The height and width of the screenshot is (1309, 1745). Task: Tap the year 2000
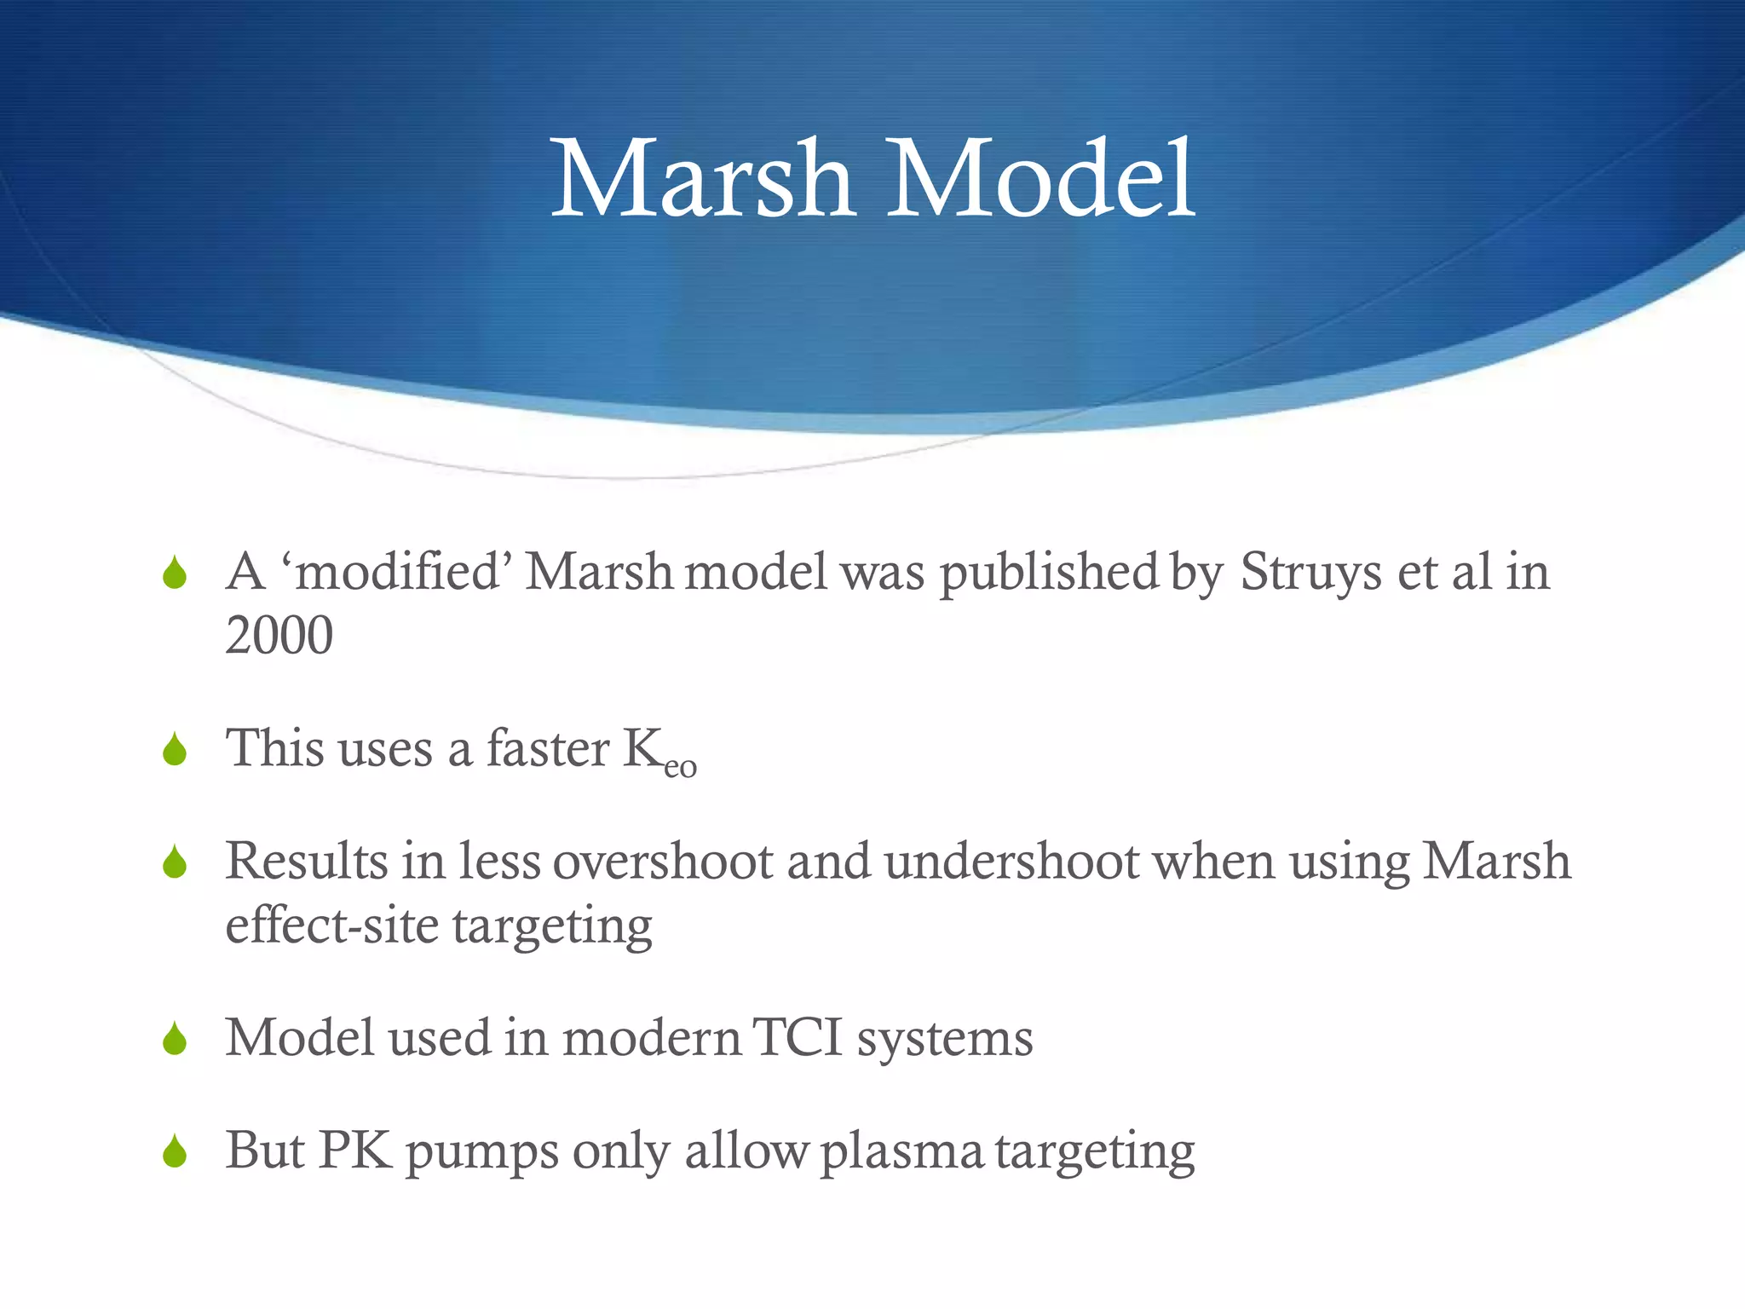click(279, 636)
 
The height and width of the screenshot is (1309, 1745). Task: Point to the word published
click(1049, 572)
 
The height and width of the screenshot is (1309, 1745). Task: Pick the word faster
click(547, 748)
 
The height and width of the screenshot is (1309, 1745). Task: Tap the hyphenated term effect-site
click(331, 926)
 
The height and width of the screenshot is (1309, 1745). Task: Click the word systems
click(945, 1040)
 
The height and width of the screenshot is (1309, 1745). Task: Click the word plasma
click(901, 1152)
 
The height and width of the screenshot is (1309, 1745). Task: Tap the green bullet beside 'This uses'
click(175, 750)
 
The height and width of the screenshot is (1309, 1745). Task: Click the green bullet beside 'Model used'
click(175, 1039)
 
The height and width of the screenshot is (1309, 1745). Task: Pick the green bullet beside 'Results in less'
click(175, 862)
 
